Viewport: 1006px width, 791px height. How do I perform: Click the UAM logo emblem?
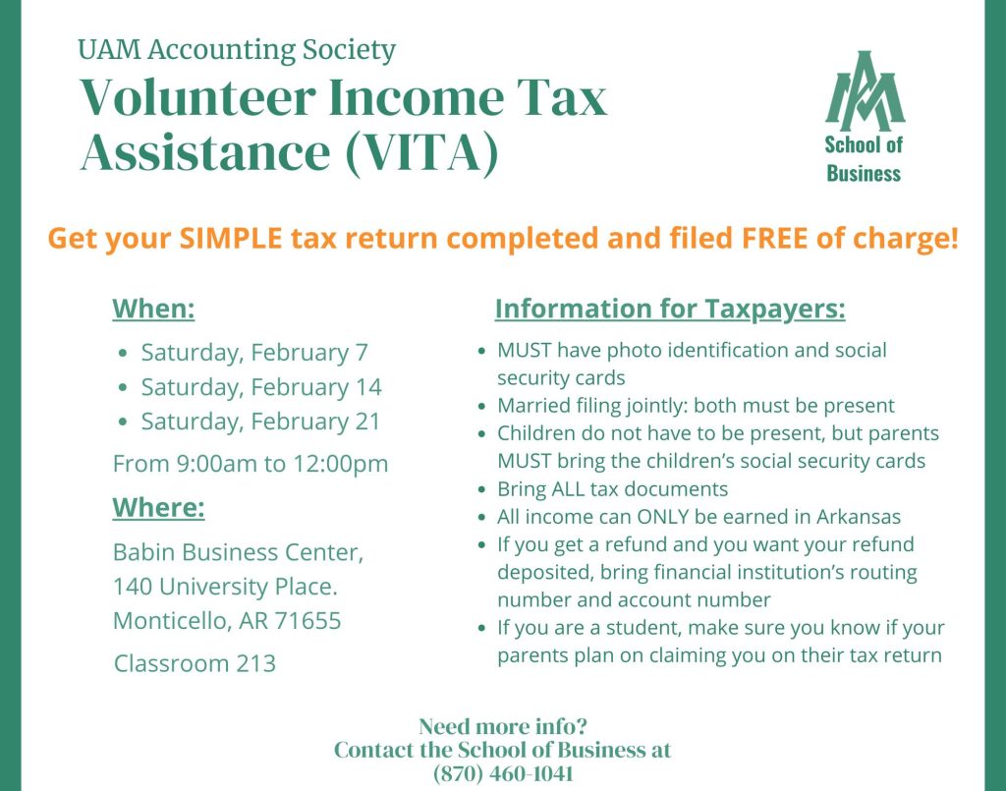[x=865, y=89]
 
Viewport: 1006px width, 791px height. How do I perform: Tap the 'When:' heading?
[x=153, y=309]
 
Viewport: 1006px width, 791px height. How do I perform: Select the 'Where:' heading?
[x=158, y=507]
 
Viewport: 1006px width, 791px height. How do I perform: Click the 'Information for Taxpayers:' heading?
[x=670, y=310]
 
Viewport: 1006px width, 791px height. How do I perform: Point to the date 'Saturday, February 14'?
[x=261, y=387]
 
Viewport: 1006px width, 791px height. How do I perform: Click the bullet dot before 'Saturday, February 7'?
[x=124, y=353]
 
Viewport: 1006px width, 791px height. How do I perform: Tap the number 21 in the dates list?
[x=367, y=421]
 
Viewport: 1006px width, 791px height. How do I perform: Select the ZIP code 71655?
[x=307, y=620]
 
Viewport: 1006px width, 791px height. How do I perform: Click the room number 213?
[x=255, y=663]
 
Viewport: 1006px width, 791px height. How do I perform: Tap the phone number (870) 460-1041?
[x=503, y=773]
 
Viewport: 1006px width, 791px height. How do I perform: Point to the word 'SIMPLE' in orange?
[x=231, y=238]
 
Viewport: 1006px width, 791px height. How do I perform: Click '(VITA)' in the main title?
[x=421, y=152]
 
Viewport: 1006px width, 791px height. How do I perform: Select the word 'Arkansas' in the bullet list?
[x=859, y=517]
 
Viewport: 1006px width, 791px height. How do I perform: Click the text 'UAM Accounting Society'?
[x=237, y=49]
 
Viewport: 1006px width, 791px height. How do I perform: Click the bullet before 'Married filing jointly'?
[x=482, y=406]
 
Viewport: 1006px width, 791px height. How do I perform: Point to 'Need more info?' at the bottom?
[x=503, y=726]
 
